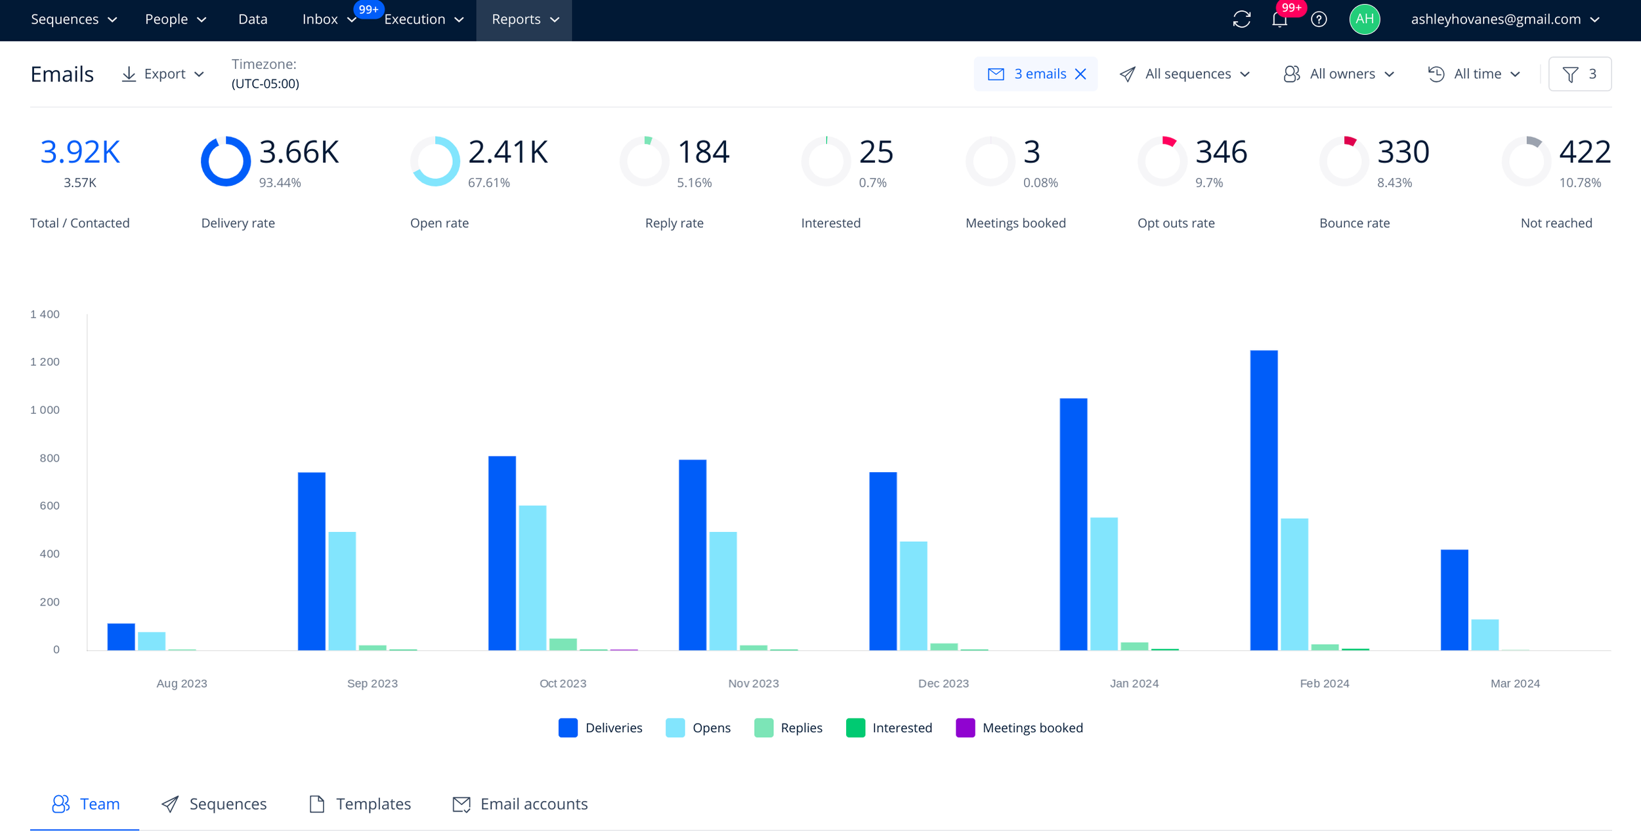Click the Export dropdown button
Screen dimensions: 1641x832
[163, 74]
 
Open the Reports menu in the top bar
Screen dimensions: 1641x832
[524, 20]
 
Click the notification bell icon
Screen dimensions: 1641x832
[1279, 20]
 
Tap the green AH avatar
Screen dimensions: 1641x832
[1365, 19]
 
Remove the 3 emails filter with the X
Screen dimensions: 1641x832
[1080, 74]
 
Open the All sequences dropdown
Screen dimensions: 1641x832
[1185, 74]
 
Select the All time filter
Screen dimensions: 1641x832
[1474, 74]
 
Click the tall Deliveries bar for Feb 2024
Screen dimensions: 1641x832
[1264, 500]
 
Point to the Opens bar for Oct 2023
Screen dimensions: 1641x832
[532, 578]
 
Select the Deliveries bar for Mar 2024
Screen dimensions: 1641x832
[1454, 600]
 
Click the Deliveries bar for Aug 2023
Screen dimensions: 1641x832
[121, 637]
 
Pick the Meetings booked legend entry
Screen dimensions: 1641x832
[1019, 728]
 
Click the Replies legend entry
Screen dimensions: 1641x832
[788, 728]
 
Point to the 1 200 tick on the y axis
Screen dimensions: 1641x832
[45, 362]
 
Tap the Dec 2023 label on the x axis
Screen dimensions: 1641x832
[943, 684]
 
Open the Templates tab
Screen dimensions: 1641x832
[360, 804]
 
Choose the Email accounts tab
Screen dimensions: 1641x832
[521, 804]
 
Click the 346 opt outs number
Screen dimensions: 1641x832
[1221, 152]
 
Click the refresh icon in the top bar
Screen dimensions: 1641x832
[1242, 20]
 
